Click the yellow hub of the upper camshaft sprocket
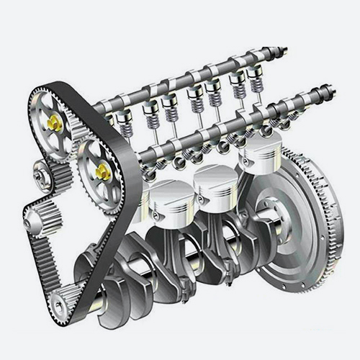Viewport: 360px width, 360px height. (54, 122)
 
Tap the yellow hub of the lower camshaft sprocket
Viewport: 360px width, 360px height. (103, 171)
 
